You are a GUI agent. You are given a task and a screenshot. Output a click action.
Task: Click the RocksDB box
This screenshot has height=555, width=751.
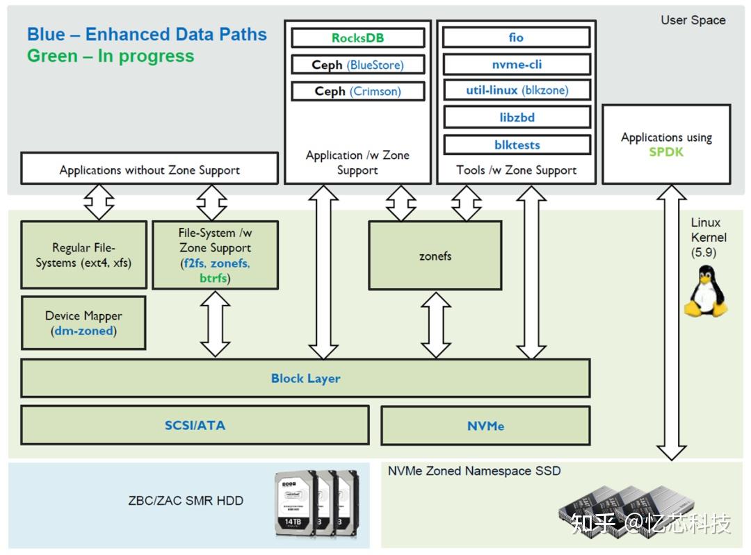click(357, 38)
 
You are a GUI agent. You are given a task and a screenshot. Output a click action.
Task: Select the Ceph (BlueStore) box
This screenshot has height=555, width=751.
click(357, 65)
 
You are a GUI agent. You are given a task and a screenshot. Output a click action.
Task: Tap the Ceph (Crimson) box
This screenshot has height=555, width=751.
click(357, 91)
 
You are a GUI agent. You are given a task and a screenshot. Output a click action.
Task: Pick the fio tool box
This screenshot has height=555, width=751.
click(516, 38)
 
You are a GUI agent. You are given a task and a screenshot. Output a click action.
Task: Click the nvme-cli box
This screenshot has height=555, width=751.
click(516, 64)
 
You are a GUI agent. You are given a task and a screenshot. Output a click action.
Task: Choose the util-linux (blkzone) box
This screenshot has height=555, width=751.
click(516, 90)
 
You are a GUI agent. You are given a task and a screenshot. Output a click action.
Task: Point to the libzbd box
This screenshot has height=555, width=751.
click(516, 117)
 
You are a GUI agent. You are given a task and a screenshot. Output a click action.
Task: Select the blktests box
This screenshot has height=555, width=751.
click(516, 144)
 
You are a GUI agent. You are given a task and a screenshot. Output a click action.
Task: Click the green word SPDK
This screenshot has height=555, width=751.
click(666, 151)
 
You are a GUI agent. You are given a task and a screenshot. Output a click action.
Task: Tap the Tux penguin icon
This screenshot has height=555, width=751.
click(706, 291)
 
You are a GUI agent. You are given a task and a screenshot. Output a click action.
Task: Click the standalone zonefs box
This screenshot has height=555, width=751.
click(435, 256)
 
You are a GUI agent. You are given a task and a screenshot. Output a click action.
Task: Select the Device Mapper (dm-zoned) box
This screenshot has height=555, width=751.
click(83, 323)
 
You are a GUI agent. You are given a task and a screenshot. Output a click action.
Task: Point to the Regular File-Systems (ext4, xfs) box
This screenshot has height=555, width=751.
click(83, 255)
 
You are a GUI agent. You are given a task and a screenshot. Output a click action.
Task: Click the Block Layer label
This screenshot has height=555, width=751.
click(305, 379)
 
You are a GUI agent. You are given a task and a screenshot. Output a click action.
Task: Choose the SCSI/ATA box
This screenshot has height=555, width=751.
click(195, 425)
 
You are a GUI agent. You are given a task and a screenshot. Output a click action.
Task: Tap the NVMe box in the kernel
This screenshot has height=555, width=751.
click(485, 426)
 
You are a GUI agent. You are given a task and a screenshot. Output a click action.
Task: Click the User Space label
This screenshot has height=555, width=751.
click(693, 20)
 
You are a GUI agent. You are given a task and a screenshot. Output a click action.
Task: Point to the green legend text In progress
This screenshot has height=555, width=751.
click(111, 56)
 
